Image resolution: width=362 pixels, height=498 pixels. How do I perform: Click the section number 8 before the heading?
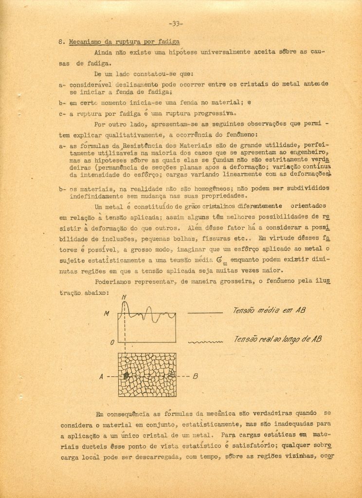(60, 42)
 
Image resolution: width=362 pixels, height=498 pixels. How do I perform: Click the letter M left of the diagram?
(107, 314)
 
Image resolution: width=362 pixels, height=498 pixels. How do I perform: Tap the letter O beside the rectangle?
(112, 342)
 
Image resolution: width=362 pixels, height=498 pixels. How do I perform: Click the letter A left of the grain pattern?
(101, 376)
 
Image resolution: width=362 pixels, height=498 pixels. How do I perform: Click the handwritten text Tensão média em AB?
(270, 310)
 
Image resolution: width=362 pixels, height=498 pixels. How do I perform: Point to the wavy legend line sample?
(205, 342)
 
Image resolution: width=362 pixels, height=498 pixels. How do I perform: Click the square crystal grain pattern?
(147, 374)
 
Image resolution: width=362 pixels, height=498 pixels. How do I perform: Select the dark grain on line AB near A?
(126, 376)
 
